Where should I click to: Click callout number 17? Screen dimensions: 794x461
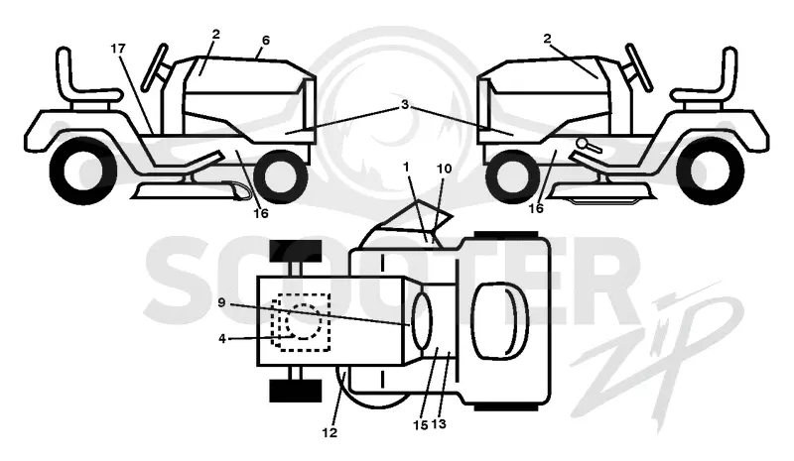(x=118, y=49)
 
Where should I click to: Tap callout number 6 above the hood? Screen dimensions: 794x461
(x=266, y=40)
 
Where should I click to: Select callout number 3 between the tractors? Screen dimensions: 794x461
(x=405, y=105)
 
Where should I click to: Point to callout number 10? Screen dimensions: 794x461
(x=444, y=169)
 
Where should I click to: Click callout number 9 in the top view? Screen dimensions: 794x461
(x=221, y=302)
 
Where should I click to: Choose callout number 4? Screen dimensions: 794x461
(x=221, y=338)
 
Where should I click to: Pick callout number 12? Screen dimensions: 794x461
(x=330, y=432)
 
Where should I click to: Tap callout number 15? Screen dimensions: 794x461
(x=421, y=425)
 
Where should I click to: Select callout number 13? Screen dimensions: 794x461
(x=439, y=424)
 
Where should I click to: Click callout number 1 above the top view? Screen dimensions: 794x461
(x=406, y=167)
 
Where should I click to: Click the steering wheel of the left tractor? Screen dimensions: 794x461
(x=155, y=67)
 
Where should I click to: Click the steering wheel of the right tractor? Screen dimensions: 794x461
(x=638, y=67)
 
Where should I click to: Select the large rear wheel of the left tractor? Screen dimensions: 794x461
(x=83, y=172)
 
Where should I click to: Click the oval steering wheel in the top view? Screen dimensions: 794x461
(x=422, y=321)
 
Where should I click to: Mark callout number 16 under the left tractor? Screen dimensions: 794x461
(x=261, y=213)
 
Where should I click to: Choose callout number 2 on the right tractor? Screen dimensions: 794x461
(x=547, y=39)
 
